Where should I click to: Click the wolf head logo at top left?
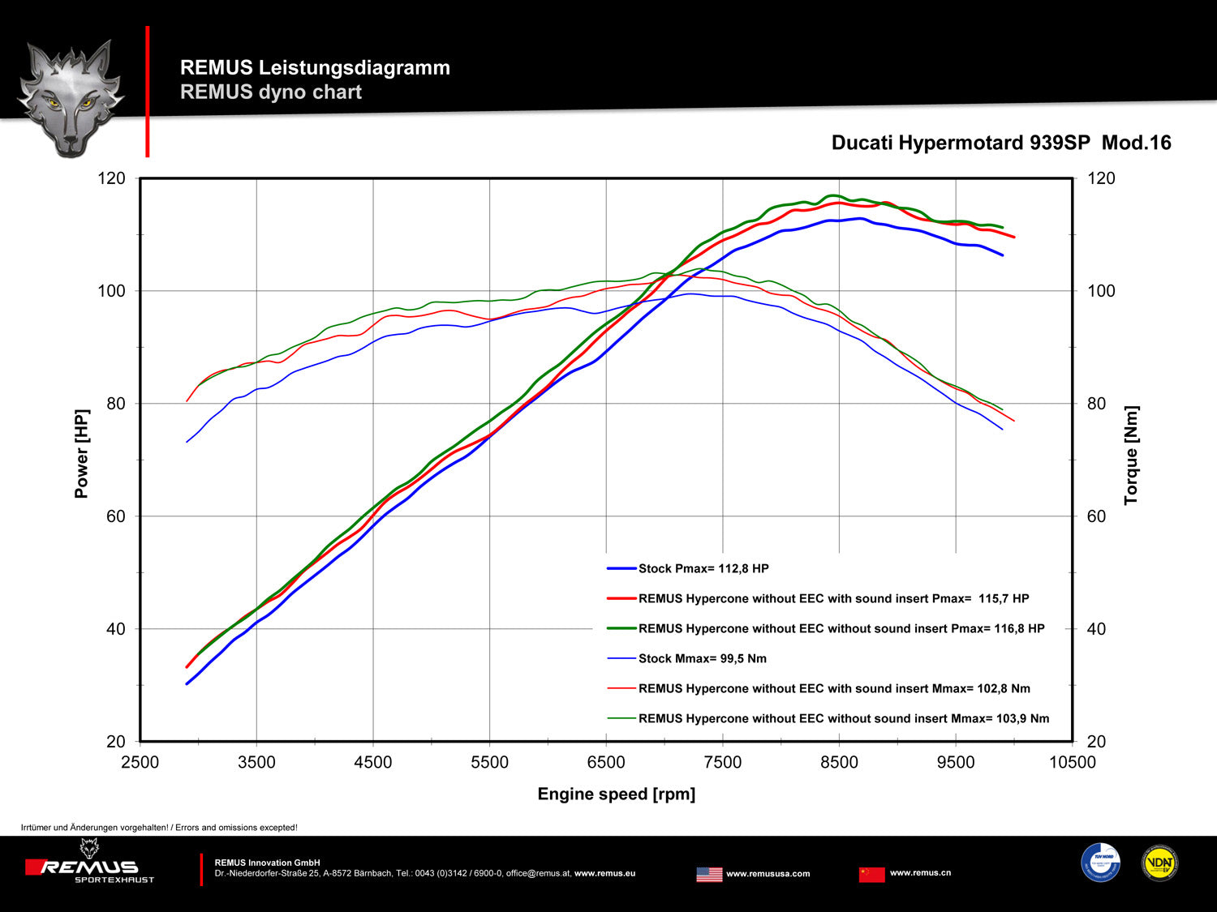pos(71,97)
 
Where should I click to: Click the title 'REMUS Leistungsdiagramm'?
pos(315,68)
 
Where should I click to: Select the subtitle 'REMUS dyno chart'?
pos(271,92)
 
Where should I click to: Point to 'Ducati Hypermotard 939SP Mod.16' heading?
pos(1001,143)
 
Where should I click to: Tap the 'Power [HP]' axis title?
pos(81,453)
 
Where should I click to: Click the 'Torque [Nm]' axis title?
pos(1131,456)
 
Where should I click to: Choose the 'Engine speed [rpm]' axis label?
pos(616,794)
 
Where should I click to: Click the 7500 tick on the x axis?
pos(722,763)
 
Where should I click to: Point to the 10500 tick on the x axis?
pos(1072,763)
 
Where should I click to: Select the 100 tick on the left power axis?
pos(112,291)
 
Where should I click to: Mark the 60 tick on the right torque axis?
pos(1096,516)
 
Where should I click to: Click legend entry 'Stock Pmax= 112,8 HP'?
pos(703,569)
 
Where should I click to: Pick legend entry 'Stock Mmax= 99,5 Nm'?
pos(702,659)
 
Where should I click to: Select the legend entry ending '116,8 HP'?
pos(841,629)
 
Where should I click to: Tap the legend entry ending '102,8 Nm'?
pos(834,689)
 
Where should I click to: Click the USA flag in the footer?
pos(709,875)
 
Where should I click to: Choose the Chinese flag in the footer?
pos(872,875)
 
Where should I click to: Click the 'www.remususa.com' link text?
pos(768,874)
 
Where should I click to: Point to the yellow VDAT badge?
pos(1159,863)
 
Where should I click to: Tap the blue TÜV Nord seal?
pos(1100,863)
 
